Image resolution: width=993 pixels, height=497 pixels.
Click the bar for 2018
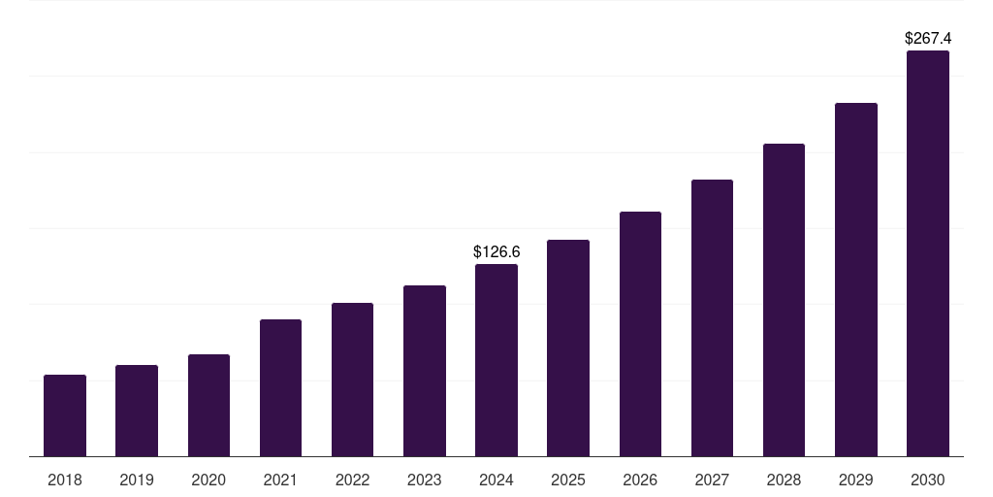(x=65, y=415)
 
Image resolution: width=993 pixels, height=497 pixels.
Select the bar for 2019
(x=137, y=411)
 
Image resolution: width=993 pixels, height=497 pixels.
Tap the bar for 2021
(x=280, y=388)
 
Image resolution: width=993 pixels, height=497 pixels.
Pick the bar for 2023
(x=425, y=371)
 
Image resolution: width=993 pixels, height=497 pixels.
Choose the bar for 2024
(x=496, y=360)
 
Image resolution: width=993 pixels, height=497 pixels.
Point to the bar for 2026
(x=640, y=334)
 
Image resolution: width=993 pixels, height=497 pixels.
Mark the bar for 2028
(x=784, y=300)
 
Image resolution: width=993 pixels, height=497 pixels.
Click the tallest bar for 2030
(x=928, y=253)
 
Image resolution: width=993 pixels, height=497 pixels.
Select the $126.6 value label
(x=496, y=252)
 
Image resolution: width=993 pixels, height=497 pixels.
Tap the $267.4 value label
(x=928, y=39)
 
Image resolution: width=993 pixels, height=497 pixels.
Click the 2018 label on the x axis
(x=65, y=480)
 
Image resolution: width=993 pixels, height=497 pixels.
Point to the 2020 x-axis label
(x=208, y=480)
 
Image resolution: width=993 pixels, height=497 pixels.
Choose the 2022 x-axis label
(x=352, y=480)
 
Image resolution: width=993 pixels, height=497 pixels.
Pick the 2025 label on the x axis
(x=568, y=480)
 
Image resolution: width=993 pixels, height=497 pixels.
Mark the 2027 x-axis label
(x=712, y=480)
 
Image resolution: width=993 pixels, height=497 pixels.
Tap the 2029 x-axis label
(x=856, y=480)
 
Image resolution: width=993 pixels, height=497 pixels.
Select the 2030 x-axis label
(x=928, y=480)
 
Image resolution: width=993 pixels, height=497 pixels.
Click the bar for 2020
(x=208, y=406)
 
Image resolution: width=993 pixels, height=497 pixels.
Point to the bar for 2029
(x=856, y=280)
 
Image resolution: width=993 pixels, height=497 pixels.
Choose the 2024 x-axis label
(x=496, y=480)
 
